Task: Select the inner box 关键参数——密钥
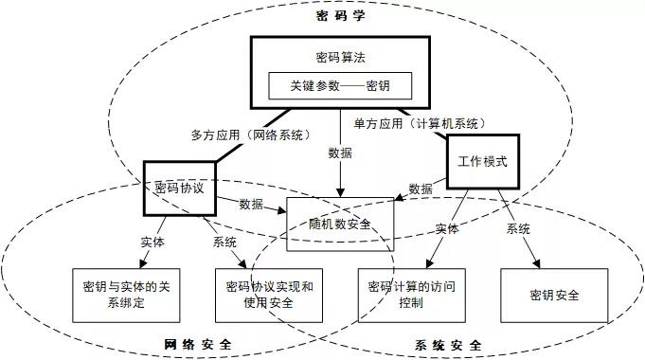point(339,84)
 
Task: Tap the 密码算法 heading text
point(339,55)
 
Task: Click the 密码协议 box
point(180,188)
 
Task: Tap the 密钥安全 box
point(554,294)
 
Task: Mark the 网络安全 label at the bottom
point(198,344)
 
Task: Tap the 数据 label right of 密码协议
point(251,203)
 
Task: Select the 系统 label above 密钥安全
point(517,229)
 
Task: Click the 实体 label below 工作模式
point(448,229)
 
